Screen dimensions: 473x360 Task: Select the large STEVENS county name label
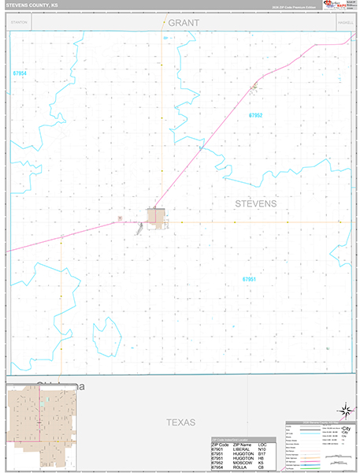tap(256, 203)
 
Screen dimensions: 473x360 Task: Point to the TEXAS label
tap(180, 423)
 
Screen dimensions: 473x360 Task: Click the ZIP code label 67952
tap(254, 116)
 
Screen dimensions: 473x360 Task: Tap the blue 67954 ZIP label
tap(20, 73)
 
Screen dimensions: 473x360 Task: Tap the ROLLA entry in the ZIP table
tap(238, 468)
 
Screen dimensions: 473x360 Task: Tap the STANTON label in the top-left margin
tap(19, 23)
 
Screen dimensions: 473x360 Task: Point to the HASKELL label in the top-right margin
tap(344, 23)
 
